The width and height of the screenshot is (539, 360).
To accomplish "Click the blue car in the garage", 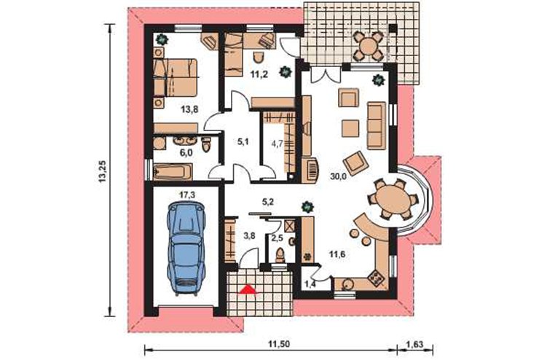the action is coord(186,249).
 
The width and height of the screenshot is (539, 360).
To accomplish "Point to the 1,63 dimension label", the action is coord(414,343).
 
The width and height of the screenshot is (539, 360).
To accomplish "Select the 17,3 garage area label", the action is coord(187,195).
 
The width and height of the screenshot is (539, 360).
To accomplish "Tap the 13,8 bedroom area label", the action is coord(189,110).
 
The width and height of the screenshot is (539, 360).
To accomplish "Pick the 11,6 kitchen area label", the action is coord(337,254).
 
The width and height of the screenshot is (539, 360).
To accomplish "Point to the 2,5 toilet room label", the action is coord(277,238).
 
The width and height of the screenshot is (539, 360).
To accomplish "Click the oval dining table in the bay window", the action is coord(393,200).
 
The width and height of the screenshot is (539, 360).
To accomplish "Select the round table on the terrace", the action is coord(369,46).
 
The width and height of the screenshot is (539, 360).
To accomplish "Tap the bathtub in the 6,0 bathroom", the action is coord(173,171).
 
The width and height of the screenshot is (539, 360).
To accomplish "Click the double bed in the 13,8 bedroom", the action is coord(176,77).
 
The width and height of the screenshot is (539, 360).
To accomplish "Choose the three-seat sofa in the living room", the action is coord(377,125).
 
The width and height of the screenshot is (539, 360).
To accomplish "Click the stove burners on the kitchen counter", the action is coord(376,277).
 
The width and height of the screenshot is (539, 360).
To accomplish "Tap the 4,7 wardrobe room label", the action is coord(277,144).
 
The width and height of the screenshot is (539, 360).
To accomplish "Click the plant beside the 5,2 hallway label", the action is coord(306,207).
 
